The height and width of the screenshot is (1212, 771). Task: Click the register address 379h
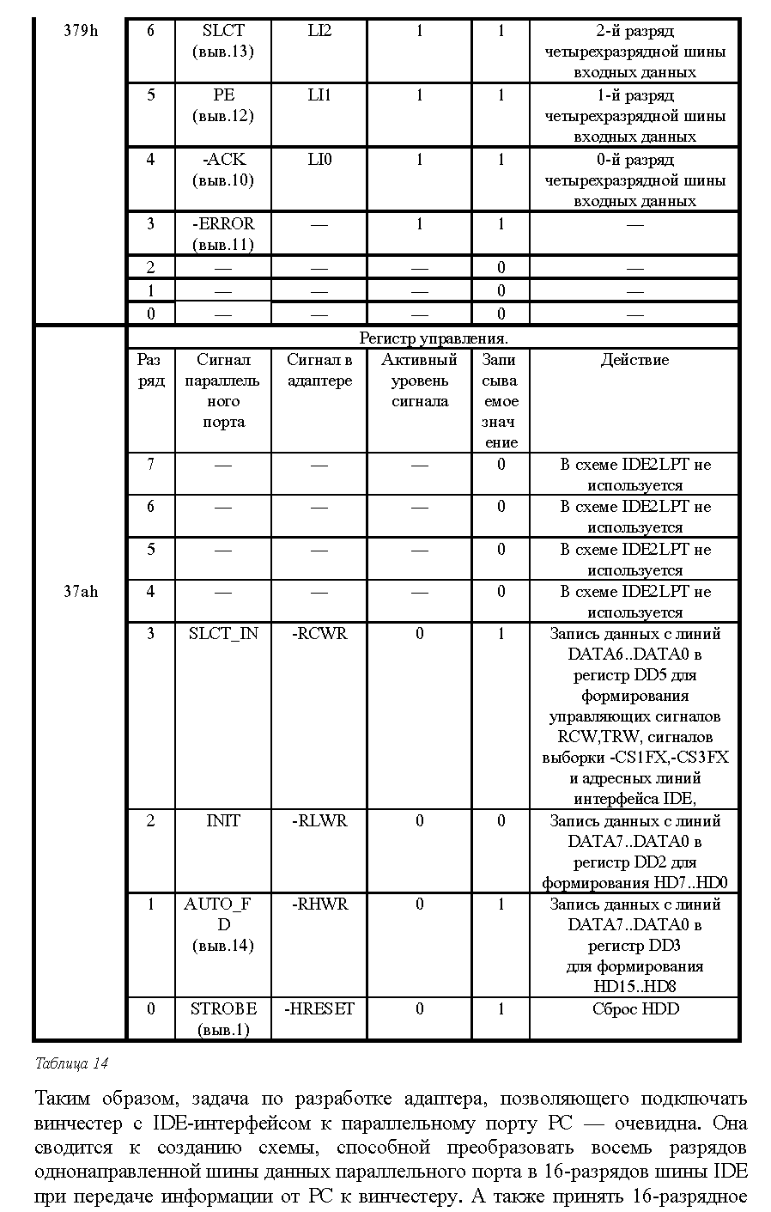[x=81, y=32]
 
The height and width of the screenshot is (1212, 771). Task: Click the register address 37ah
[x=81, y=592]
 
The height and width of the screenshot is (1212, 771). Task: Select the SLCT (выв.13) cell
[x=223, y=41]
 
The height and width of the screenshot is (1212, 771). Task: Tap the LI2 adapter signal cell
[x=319, y=32]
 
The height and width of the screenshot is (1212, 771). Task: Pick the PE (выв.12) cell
[x=223, y=106]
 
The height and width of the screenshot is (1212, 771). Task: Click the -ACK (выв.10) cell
[x=223, y=170]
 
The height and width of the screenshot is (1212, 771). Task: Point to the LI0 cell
[x=319, y=160]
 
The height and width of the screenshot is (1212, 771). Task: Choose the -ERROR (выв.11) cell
[x=223, y=234]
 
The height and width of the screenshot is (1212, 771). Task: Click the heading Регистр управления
[x=433, y=338]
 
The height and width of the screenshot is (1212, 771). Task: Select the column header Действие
[x=634, y=360]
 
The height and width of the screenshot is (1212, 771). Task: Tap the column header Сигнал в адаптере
[x=319, y=370]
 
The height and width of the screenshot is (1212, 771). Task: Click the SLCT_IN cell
[x=223, y=634]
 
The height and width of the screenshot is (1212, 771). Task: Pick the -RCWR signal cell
[x=319, y=634]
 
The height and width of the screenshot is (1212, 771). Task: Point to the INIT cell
[x=223, y=821]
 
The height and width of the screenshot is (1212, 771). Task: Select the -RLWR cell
[x=319, y=821]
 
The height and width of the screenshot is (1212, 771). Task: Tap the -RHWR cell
[x=319, y=904]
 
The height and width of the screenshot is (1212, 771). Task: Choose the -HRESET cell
[x=319, y=1009]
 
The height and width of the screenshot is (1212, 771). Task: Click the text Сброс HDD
[x=634, y=1009]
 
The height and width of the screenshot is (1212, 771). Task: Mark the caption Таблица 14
[x=72, y=1063]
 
